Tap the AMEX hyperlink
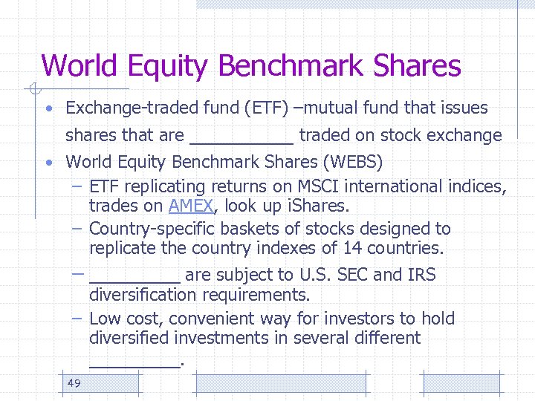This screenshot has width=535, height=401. coord(191,206)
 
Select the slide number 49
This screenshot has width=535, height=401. coord(74,382)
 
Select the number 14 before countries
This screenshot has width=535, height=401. coord(352,248)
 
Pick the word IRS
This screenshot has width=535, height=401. coord(421,275)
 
